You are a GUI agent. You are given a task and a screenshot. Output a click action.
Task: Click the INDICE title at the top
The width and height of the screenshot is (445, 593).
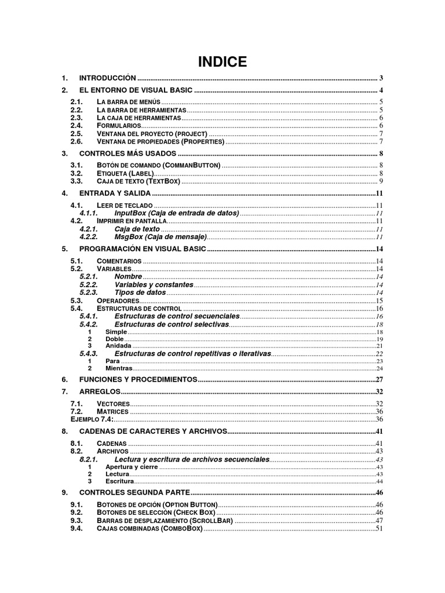[x=222, y=62]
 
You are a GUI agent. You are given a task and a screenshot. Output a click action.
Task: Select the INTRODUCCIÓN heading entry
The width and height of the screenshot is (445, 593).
[x=107, y=78]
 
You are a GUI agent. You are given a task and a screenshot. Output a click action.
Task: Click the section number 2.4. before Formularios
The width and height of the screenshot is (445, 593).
[x=76, y=125]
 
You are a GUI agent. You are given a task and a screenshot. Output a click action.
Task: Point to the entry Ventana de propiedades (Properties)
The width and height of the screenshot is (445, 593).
[x=161, y=141]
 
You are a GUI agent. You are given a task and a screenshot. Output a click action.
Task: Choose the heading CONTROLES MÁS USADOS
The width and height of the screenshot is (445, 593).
[x=127, y=153]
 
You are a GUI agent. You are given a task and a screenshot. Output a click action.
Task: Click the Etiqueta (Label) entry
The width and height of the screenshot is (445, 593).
[x=125, y=173]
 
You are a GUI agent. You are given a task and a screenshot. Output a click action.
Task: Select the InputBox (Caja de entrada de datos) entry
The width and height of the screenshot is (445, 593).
[x=177, y=213]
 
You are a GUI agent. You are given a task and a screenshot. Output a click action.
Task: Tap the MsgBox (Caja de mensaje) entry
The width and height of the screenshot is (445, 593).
[x=161, y=237]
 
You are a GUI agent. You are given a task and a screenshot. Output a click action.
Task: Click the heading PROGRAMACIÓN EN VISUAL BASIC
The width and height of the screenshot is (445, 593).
[x=142, y=249]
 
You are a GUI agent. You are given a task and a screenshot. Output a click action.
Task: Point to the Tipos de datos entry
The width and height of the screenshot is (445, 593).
[x=140, y=292]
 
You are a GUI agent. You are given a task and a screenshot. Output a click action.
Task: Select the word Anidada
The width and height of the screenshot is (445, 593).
[x=118, y=346]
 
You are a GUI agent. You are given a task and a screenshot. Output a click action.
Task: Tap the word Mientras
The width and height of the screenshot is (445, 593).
[x=119, y=368]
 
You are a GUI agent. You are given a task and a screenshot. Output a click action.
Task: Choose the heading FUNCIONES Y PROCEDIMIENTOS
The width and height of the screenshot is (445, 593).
[x=138, y=379]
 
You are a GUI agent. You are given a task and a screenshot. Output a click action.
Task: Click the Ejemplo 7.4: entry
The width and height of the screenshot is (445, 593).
[x=92, y=419]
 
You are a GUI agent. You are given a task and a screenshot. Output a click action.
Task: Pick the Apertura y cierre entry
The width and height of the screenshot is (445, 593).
[x=132, y=467]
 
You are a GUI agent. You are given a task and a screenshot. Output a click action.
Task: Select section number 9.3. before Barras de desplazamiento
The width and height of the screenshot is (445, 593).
[x=76, y=520]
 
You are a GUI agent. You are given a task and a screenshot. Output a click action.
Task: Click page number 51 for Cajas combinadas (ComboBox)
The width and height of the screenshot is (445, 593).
[x=380, y=528]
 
